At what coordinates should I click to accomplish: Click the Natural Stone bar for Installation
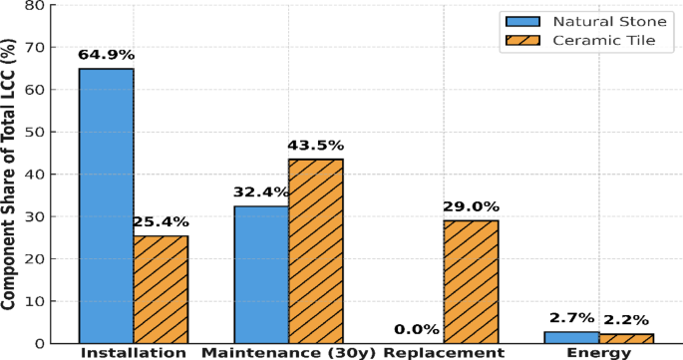(x=107, y=205)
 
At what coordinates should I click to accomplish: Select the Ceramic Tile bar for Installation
(x=161, y=289)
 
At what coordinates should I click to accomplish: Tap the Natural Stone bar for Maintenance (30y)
(x=261, y=274)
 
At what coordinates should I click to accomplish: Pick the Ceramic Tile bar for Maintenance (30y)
(x=315, y=250)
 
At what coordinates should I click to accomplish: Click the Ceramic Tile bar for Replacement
(x=471, y=281)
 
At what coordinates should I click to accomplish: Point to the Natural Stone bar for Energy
(x=571, y=337)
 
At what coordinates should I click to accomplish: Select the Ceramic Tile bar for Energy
(x=625, y=338)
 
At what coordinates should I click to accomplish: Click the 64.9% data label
(x=107, y=55)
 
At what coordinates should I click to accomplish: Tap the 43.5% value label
(x=315, y=146)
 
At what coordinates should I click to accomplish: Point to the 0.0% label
(x=416, y=330)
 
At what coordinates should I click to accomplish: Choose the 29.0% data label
(x=471, y=206)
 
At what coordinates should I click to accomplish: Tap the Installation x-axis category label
(x=133, y=353)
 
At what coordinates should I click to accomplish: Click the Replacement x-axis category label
(x=443, y=353)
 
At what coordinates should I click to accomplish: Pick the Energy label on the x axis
(x=598, y=353)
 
